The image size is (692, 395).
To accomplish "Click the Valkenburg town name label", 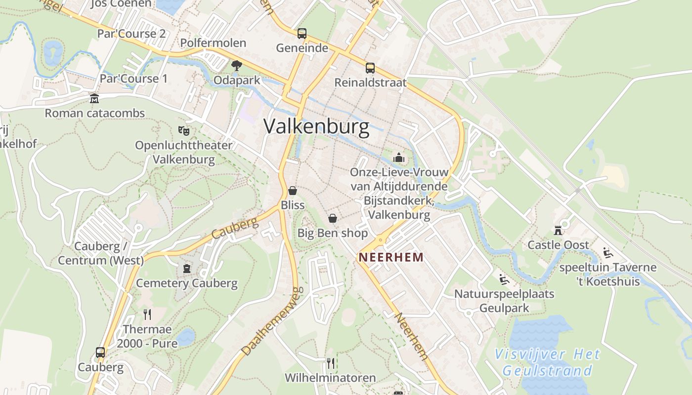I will (316, 126).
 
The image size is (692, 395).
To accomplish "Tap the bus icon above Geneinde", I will (302, 34).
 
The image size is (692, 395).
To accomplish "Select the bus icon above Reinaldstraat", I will (370, 68).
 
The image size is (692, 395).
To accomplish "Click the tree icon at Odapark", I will (237, 65).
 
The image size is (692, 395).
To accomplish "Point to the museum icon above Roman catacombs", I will (94, 99).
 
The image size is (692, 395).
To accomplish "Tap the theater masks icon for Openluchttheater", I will (184, 131).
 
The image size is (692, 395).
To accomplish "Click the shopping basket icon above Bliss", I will (293, 191).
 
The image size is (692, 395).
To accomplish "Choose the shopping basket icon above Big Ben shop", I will (333, 218).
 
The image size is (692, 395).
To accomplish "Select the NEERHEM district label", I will (391, 257).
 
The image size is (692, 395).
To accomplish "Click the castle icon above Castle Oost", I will (558, 231).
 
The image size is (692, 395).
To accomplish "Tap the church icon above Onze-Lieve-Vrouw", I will (398, 158).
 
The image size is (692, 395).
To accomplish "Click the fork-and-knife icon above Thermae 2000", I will (147, 315).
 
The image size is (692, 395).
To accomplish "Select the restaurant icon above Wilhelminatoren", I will (331, 363).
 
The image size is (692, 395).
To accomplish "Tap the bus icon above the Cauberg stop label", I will (100, 353).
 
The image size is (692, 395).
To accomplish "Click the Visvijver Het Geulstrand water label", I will (548, 362).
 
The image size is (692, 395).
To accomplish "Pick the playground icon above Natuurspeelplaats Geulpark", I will (504, 279).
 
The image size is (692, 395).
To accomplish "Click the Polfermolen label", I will (213, 43).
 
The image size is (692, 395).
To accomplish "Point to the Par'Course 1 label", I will (133, 79).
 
